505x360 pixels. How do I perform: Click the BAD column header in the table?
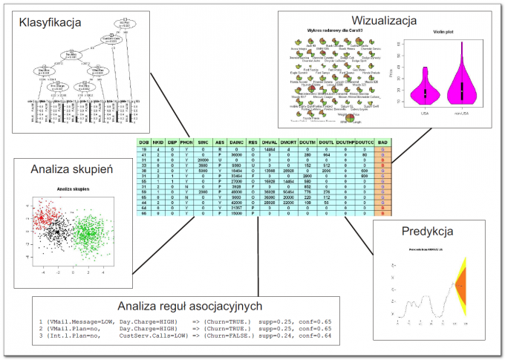click(382, 142)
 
